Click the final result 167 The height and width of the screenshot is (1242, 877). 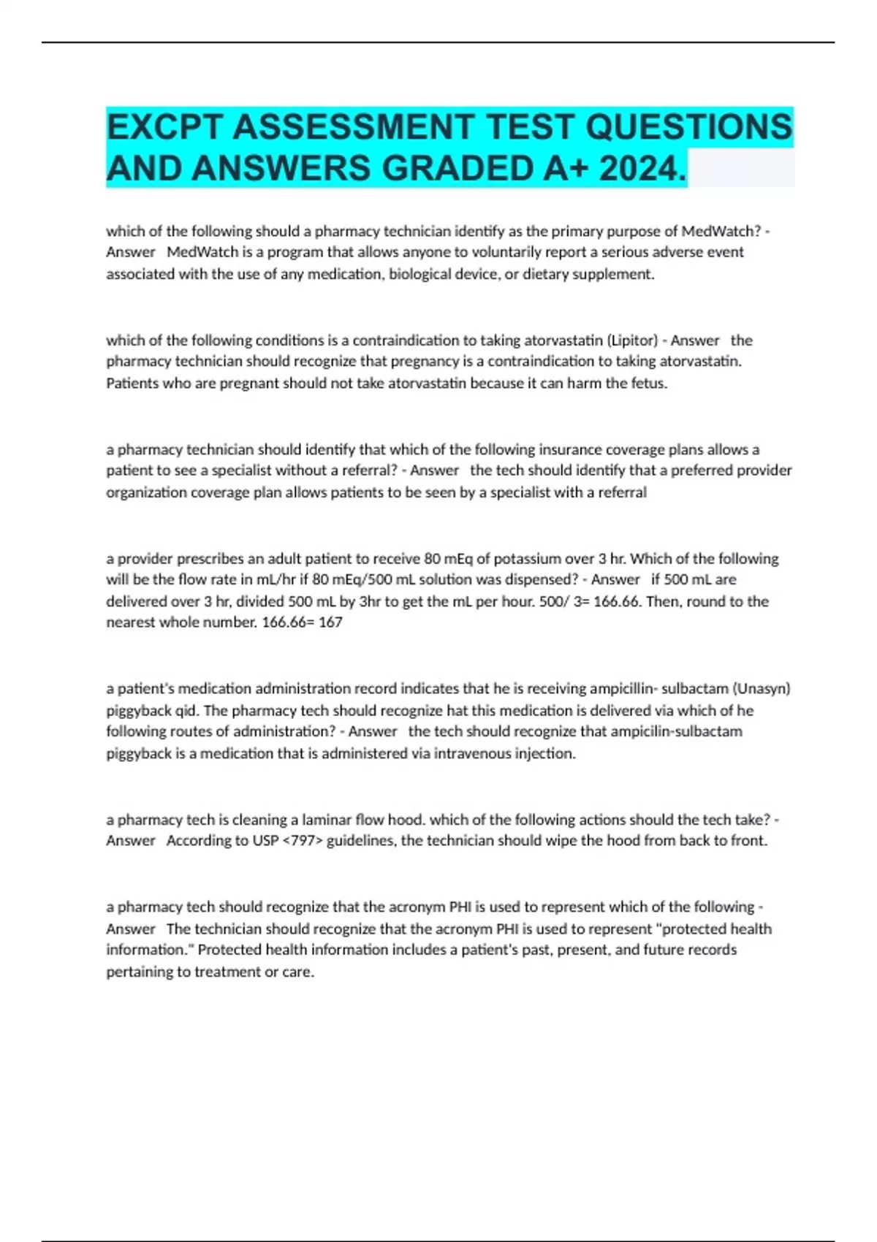(330, 622)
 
